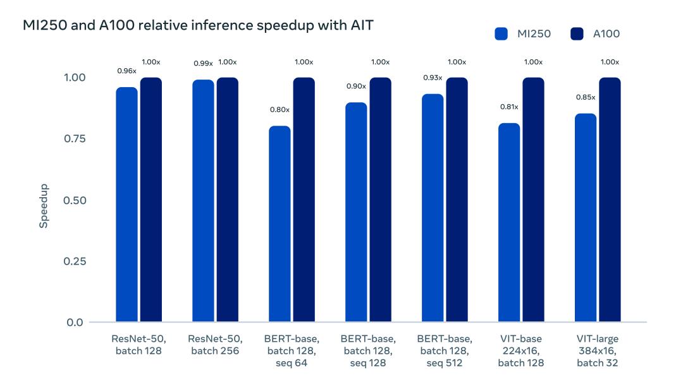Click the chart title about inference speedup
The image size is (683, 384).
[x=197, y=27]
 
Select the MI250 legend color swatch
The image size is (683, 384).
[x=501, y=34]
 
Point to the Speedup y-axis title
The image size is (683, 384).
[x=44, y=206]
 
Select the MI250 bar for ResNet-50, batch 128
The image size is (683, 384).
[x=127, y=205]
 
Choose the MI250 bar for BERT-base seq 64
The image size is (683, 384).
[x=280, y=224]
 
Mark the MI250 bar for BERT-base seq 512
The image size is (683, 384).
[x=433, y=208]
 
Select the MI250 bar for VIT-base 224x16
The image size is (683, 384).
[x=509, y=222]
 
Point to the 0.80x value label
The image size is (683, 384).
[x=280, y=110]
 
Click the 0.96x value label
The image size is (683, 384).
[x=127, y=71]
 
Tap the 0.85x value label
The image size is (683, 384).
[x=586, y=97]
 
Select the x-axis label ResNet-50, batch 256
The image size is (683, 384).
[x=214, y=345]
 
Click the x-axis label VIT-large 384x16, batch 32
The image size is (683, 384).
[x=598, y=351]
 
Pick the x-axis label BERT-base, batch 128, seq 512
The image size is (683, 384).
[x=445, y=351]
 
